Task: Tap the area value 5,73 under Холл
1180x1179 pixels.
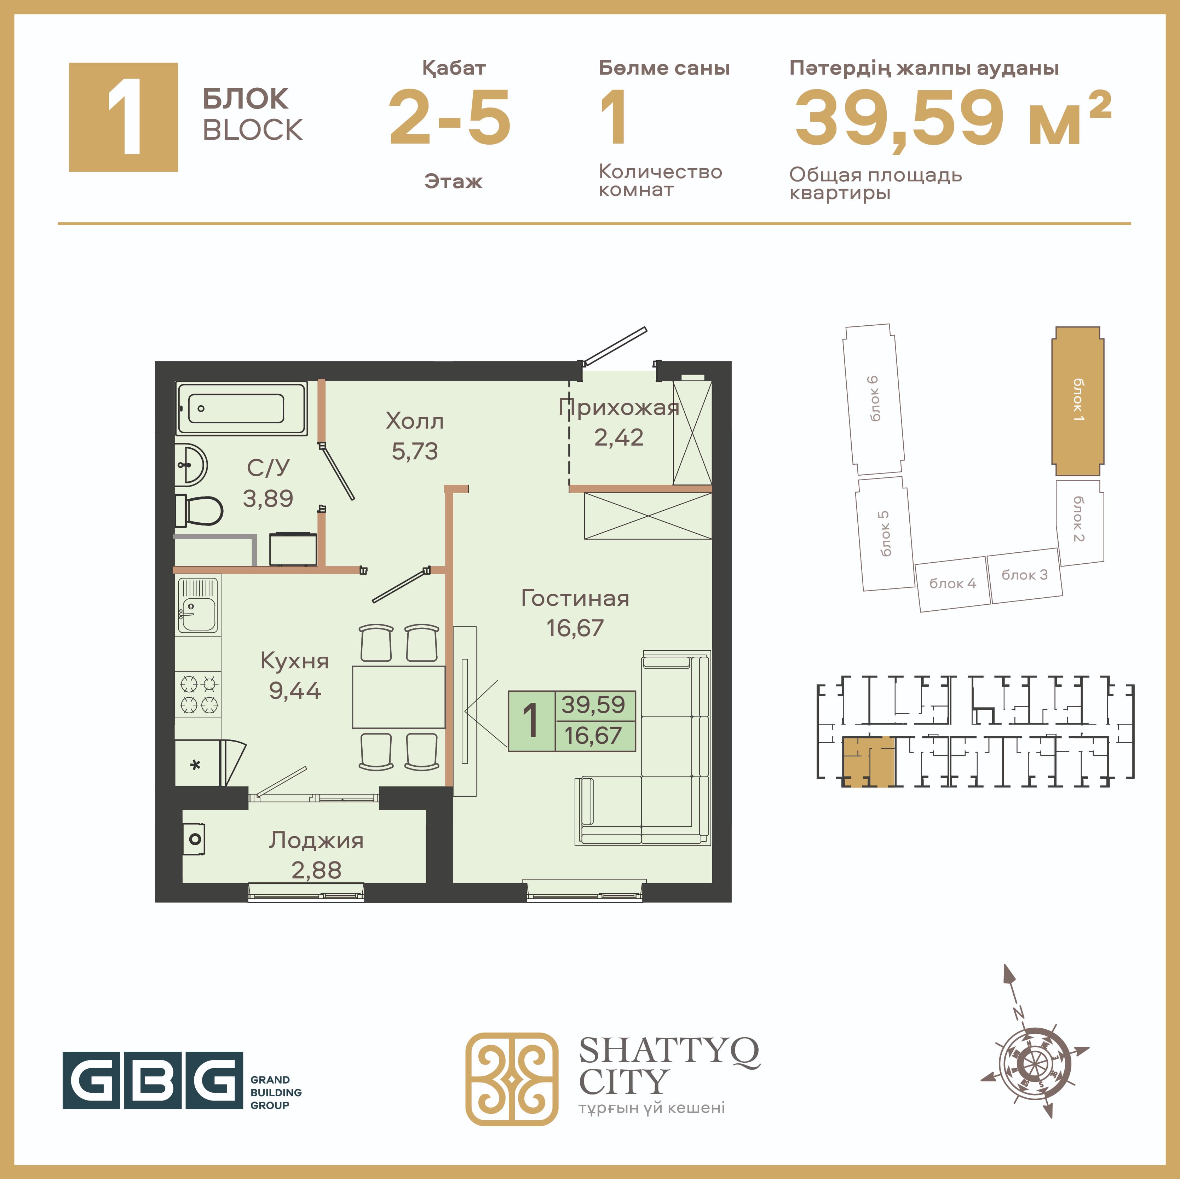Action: [415, 451]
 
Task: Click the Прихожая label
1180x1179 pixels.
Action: [619, 407]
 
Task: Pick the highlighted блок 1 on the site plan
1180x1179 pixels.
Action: [1077, 401]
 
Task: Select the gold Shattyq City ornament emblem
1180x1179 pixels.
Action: [512, 1079]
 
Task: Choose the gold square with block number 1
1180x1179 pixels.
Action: [123, 117]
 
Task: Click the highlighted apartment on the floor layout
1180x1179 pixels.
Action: [869, 761]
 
